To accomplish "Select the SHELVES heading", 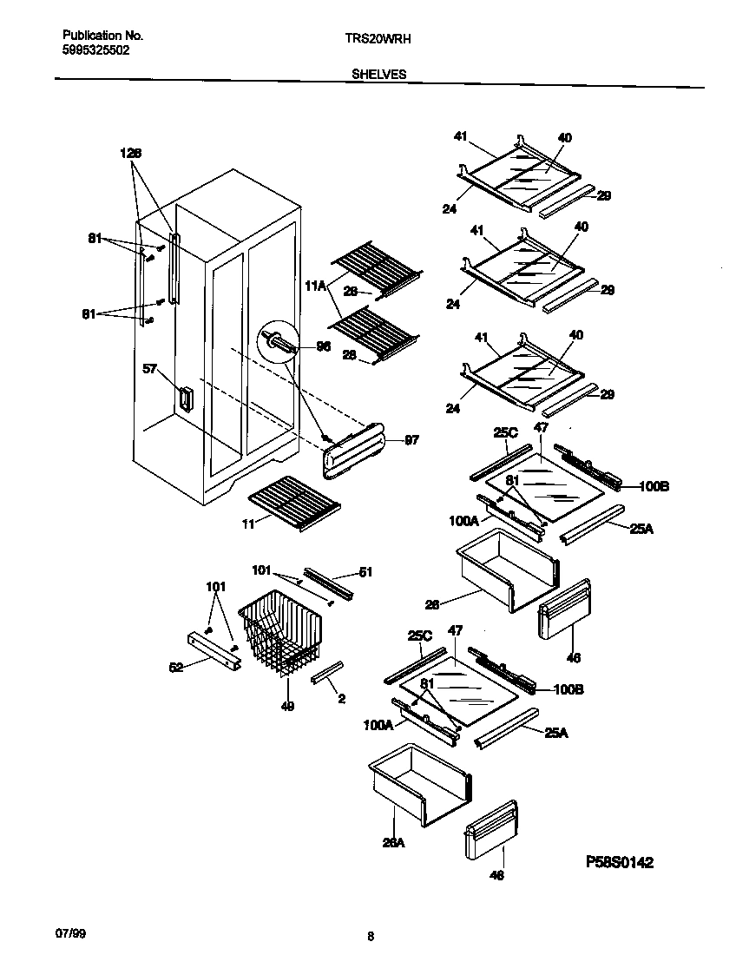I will click(378, 75).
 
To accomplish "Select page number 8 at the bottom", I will click(371, 936).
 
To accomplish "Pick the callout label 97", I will click(411, 440).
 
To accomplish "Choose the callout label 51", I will click(365, 571).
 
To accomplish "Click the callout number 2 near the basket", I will click(319, 697).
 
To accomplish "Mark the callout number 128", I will click(130, 153).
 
